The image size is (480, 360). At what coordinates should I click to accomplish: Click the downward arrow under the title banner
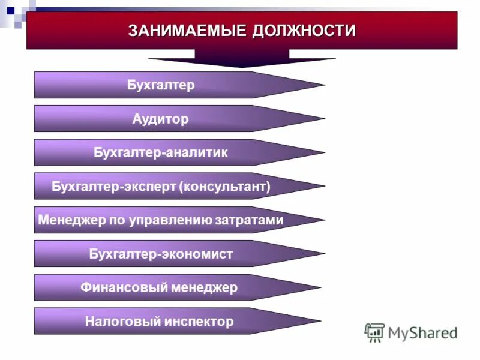pyautogui.click(x=242, y=59)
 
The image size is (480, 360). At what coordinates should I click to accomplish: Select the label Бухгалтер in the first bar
pyautogui.click(x=161, y=85)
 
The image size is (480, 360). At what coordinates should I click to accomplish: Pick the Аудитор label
pyautogui.click(x=160, y=119)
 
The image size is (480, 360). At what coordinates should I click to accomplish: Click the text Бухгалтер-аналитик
pyautogui.click(x=161, y=152)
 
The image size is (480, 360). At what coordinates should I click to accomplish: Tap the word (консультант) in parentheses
pyautogui.click(x=224, y=187)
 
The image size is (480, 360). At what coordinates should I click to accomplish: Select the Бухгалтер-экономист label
pyautogui.click(x=161, y=254)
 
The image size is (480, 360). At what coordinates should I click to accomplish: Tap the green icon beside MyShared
pyautogui.click(x=374, y=332)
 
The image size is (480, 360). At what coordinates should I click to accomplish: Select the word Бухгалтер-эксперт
pyautogui.click(x=113, y=187)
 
